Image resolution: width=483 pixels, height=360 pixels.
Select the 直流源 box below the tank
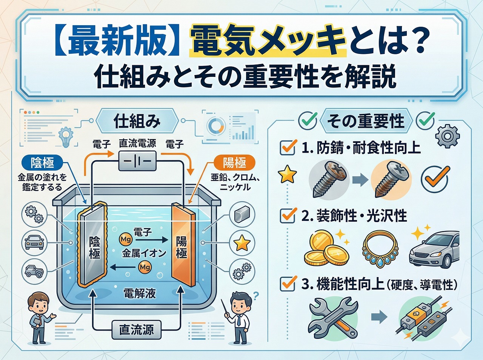point(137,330)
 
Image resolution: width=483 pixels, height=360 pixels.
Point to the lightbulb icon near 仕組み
point(66,136)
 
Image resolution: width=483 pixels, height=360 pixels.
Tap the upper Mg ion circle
point(125,239)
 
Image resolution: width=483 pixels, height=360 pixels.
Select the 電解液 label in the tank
point(140,293)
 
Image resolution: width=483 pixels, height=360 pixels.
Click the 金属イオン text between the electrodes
point(144,253)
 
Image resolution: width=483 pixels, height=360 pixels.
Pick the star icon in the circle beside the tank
point(241,243)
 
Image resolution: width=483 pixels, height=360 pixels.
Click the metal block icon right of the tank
point(241,215)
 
